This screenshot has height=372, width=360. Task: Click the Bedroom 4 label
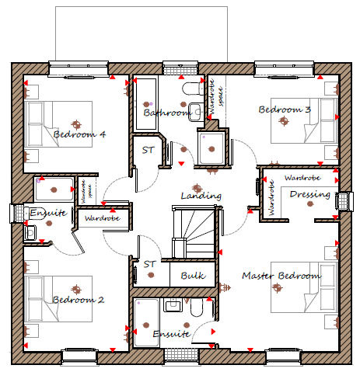[79, 134]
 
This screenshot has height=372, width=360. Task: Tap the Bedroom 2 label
[79, 300]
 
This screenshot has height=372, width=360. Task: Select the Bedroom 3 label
[285, 110]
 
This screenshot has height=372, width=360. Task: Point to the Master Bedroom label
[281, 276]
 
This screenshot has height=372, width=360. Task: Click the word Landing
[201, 196]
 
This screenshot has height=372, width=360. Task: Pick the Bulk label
[193, 276]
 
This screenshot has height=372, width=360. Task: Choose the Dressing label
[310, 194]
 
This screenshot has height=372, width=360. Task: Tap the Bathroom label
[166, 113]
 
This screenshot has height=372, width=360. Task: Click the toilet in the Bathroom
[194, 89]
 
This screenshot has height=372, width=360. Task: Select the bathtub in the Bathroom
[146, 104]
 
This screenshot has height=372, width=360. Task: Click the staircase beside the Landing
[194, 231]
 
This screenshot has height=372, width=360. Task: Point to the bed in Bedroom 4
[58, 124]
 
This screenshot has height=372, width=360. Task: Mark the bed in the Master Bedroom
[305, 287]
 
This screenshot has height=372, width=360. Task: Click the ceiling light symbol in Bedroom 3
[284, 121]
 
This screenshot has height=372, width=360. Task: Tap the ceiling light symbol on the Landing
[197, 188]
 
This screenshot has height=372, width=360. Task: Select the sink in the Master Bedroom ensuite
[173, 304]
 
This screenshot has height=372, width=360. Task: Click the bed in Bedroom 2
[58, 299]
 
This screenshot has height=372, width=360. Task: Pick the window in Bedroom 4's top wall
[79, 69]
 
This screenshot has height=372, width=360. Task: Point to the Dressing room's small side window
[344, 201]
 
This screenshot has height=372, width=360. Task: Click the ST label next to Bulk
[150, 264]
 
